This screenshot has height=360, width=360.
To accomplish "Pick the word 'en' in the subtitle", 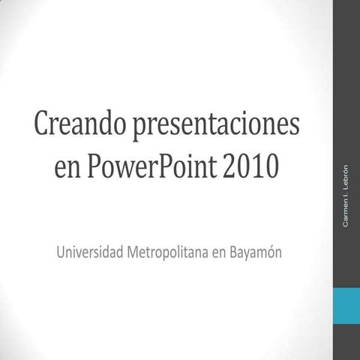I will [x=219, y=252].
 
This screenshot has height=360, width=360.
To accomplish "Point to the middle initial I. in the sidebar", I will [x=346, y=190].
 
